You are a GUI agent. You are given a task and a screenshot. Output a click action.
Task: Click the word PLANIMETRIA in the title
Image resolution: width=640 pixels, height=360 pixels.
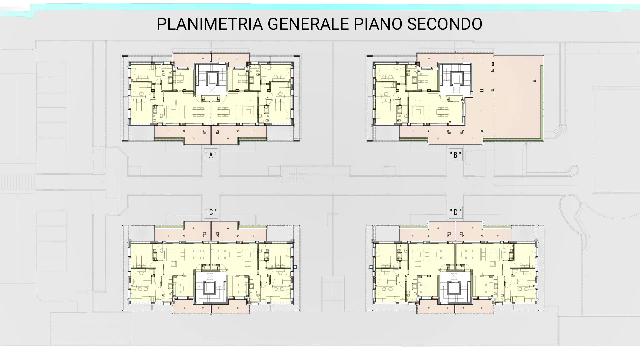[x=210, y=24]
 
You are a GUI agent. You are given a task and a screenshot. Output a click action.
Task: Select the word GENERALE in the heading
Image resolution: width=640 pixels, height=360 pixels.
[x=308, y=24]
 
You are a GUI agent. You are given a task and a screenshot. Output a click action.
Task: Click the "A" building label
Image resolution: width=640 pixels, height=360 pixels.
[x=211, y=155]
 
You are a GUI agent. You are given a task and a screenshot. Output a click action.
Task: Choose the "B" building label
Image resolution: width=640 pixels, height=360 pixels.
[x=456, y=155]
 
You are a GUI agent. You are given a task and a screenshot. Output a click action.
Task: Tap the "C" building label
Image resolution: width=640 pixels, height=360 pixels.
[x=211, y=212]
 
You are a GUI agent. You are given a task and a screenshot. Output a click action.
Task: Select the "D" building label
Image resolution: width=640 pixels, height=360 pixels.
[x=456, y=212]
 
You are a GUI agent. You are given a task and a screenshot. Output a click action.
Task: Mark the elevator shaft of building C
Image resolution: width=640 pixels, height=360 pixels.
[x=209, y=288]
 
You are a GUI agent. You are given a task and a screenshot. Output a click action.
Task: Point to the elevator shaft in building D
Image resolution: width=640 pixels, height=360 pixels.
[x=454, y=288]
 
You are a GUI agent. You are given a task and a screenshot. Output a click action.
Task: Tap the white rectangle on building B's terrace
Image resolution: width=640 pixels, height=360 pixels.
[x=482, y=90]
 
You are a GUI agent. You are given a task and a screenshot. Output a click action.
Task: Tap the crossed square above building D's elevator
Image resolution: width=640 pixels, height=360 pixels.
[x=454, y=276]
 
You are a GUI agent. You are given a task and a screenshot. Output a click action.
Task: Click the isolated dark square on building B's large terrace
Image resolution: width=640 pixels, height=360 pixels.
[x=535, y=81]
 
